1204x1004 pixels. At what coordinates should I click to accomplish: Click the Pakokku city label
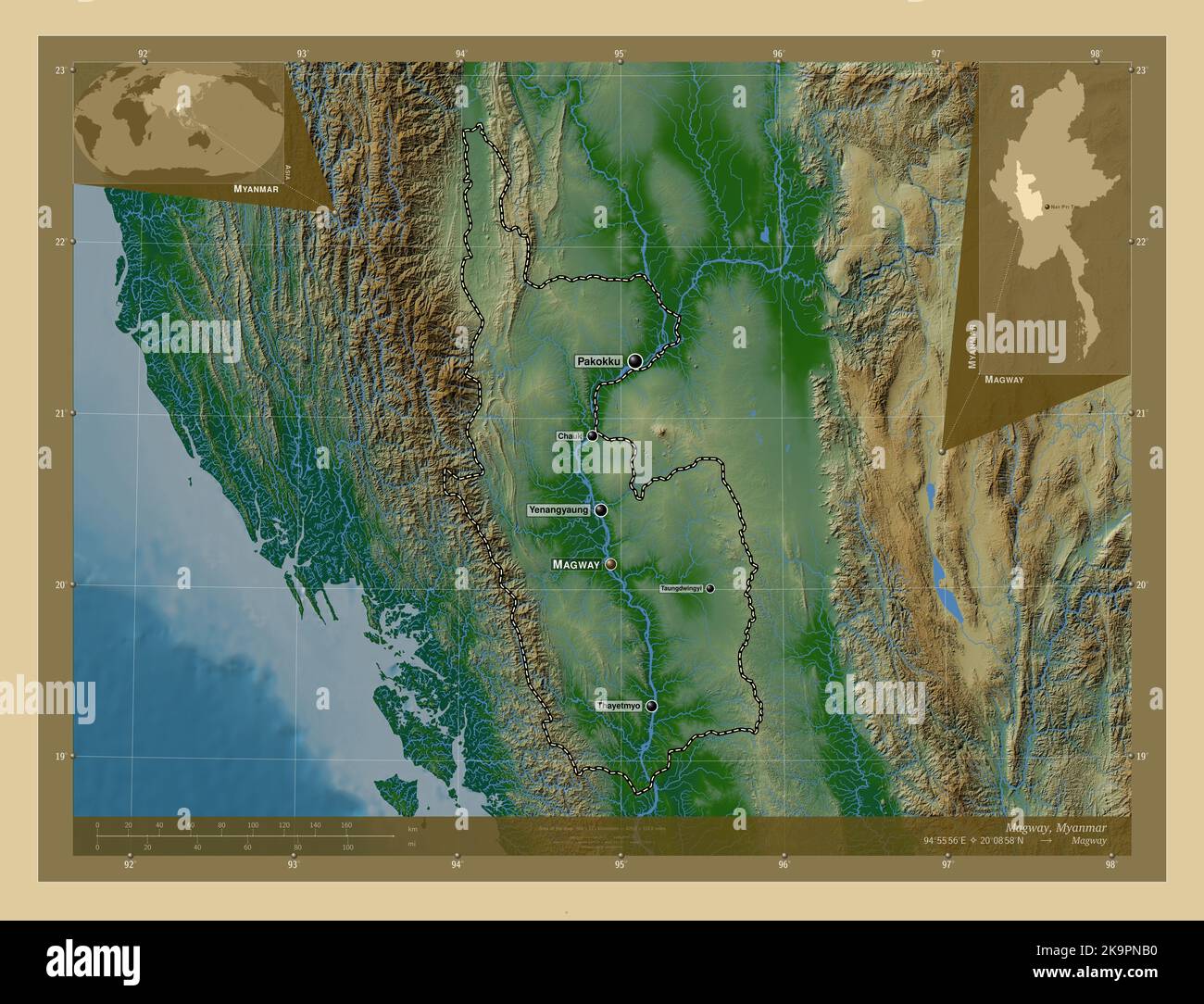597,361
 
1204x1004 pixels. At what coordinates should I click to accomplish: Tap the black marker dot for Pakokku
634,361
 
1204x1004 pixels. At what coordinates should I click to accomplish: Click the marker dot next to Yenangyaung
602,510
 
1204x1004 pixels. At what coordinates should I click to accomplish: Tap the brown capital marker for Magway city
610,563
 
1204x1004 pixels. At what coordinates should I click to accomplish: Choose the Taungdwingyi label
682,588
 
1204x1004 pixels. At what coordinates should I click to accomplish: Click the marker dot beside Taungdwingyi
710,588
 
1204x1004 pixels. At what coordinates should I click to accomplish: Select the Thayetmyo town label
620,706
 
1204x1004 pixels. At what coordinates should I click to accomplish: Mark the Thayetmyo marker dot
652,706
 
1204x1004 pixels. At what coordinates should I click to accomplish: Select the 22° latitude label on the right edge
1141,242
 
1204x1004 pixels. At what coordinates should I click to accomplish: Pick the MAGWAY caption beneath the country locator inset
1004,380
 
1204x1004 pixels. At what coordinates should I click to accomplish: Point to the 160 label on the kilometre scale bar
345,824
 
